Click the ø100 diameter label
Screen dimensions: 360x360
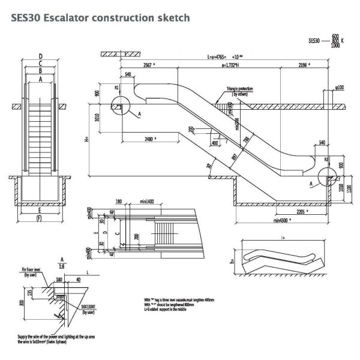(340, 87)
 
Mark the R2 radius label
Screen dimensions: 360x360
(326, 160)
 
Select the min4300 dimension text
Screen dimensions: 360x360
(282, 220)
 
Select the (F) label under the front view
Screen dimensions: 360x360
(40, 218)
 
